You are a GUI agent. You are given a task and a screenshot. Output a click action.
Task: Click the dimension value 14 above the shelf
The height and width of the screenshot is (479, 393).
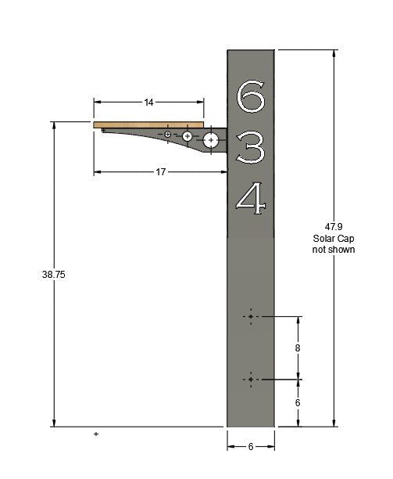148,102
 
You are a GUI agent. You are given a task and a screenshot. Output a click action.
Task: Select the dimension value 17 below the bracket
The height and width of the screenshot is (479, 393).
160,172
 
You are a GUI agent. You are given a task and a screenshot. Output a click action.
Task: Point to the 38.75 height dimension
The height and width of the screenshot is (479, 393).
54,275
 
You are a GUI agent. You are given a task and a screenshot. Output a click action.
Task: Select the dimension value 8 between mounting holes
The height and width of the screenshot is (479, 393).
298,348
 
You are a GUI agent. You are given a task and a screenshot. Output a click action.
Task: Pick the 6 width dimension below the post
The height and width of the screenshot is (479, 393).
250,447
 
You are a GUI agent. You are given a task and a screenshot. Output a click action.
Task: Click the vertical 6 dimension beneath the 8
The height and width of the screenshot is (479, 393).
298,402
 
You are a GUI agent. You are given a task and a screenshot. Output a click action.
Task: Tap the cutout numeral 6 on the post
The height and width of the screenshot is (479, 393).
250,96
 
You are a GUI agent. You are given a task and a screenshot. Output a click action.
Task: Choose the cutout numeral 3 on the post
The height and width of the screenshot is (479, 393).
251,146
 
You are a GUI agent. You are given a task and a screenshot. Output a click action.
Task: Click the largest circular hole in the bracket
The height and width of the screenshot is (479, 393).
211,141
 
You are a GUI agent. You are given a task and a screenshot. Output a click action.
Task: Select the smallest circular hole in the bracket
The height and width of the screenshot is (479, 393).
168,135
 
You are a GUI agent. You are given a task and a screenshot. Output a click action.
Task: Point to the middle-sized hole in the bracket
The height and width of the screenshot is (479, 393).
188,137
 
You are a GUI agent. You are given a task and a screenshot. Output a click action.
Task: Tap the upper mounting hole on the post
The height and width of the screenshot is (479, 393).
250,317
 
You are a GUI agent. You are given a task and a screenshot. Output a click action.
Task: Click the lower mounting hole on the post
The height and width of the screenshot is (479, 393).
250,380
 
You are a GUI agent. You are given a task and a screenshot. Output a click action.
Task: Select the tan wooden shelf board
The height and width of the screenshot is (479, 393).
148,124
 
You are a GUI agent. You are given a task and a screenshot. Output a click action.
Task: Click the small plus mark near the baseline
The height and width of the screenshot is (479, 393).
96,433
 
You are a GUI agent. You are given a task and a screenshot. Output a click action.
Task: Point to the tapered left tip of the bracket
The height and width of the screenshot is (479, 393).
104,131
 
